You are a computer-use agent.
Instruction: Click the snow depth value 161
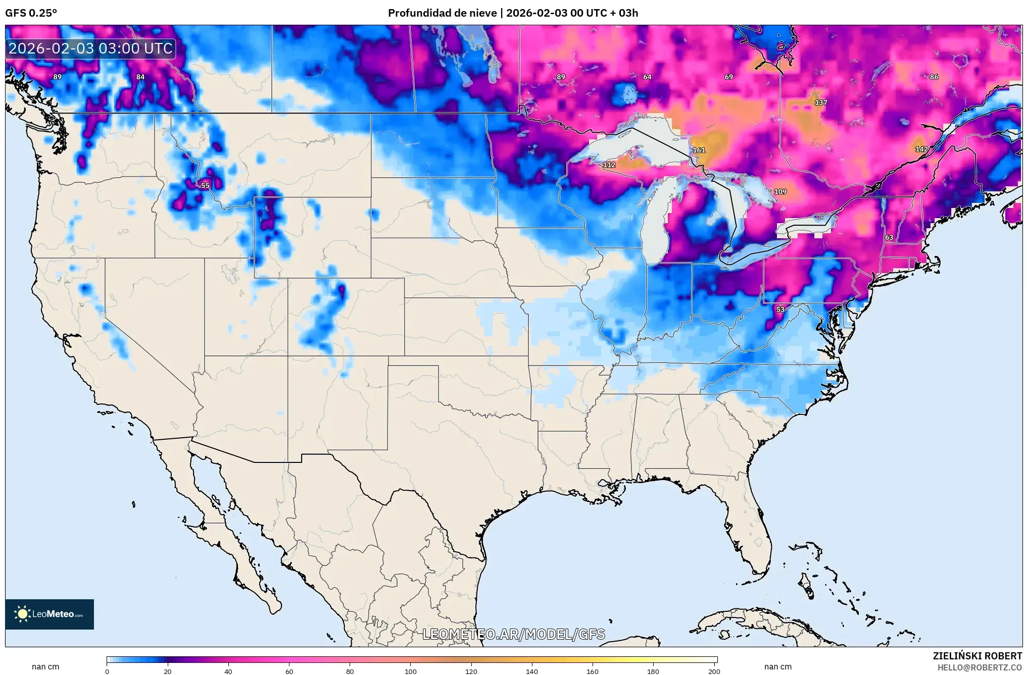click(x=699, y=150)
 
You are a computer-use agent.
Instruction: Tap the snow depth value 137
click(x=821, y=102)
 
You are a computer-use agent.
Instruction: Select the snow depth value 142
click(x=921, y=149)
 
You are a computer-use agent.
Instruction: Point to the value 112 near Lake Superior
click(x=609, y=165)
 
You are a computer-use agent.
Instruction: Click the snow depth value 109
click(x=780, y=192)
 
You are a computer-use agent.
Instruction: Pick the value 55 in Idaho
click(x=205, y=186)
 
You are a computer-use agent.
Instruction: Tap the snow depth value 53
click(x=780, y=309)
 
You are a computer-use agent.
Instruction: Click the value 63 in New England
click(x=889, y=237)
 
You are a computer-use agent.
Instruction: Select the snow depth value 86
click(x=934, y=77)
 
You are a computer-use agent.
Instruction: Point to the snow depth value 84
click(x=140, y=77)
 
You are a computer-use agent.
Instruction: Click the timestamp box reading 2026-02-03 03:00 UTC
click(x=91, y=48)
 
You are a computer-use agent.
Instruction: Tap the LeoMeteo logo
click(x=50, y=614)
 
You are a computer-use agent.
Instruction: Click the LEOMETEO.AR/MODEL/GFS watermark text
click(x=513, y=634)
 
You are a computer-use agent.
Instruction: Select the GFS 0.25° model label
click(x=31, y=13)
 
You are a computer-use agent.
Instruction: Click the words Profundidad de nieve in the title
click(x=442, y=13)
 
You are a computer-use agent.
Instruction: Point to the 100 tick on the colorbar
click(x=411, y=671)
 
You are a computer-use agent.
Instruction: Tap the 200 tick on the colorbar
click(x=714, y=671)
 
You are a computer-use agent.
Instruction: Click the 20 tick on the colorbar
click(x=168, y=671)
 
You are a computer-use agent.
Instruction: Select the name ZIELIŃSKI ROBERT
click(x=977, y=656)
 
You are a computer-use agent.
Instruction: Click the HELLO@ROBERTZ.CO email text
click(x=980, y=667)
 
